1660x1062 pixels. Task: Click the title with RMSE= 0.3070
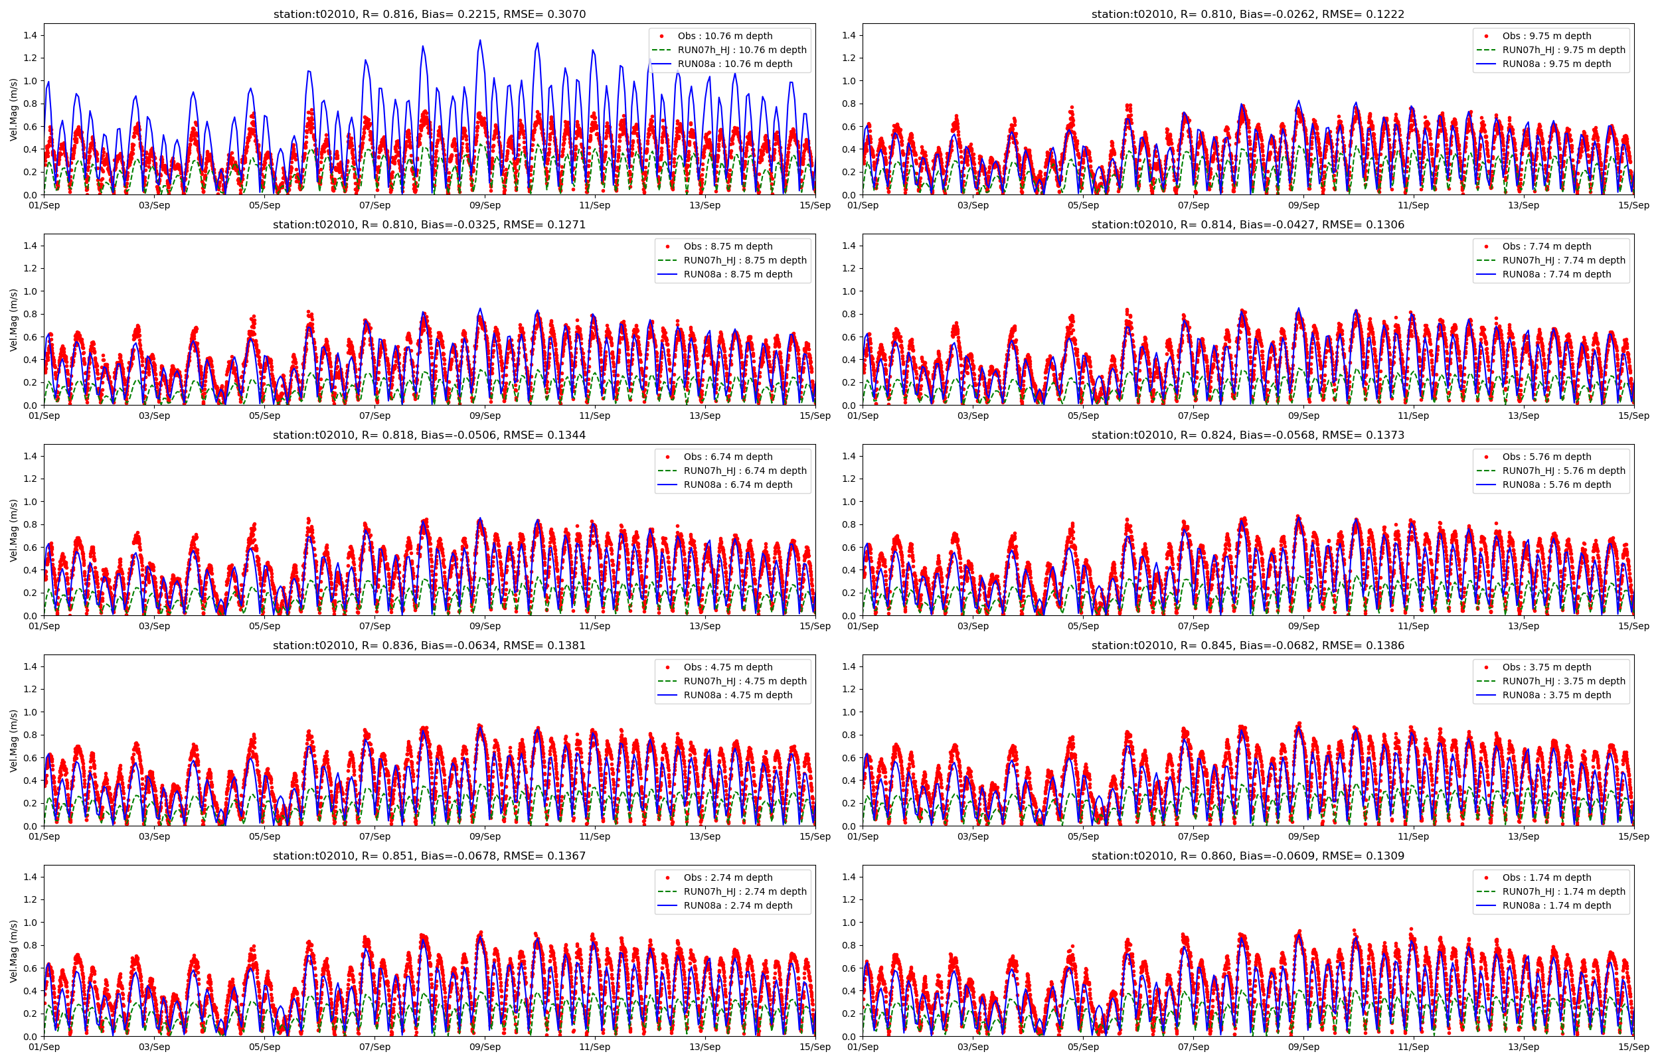click(x=429, y=14)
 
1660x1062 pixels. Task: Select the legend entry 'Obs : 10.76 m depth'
click(x=724, y=36)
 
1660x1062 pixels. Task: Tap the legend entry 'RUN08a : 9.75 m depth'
click(x=1556, y=64)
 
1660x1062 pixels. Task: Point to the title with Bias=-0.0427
click(x=1248, y=225)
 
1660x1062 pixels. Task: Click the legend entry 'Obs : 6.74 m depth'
click(x=728, y=457)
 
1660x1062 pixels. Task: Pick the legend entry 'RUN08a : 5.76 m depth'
click(x=1556, y=485)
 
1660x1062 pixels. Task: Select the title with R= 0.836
click(x=429, y=645)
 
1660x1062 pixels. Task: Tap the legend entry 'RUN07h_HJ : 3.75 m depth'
click(x=1564, y=681)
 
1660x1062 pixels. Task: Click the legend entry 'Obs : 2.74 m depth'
click(x=728, y=878)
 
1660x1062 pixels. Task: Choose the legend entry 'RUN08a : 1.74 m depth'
click(x=1556, y=905)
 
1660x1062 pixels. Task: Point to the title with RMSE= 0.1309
click(x=1248, y=856)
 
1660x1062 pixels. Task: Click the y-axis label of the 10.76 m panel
click(x=13, y=110)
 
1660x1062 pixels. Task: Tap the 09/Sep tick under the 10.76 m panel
click(x=485, y=206)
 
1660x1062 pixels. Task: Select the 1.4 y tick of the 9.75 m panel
click(x=849, y=35)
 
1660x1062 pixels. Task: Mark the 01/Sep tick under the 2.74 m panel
click(x=44, y=1047)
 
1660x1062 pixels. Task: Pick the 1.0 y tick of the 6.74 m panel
click(x=31, y=501)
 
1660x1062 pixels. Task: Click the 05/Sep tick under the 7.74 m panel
click(x=1083, y=416)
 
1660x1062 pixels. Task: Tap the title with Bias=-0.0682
click(x=1248, y=645)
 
